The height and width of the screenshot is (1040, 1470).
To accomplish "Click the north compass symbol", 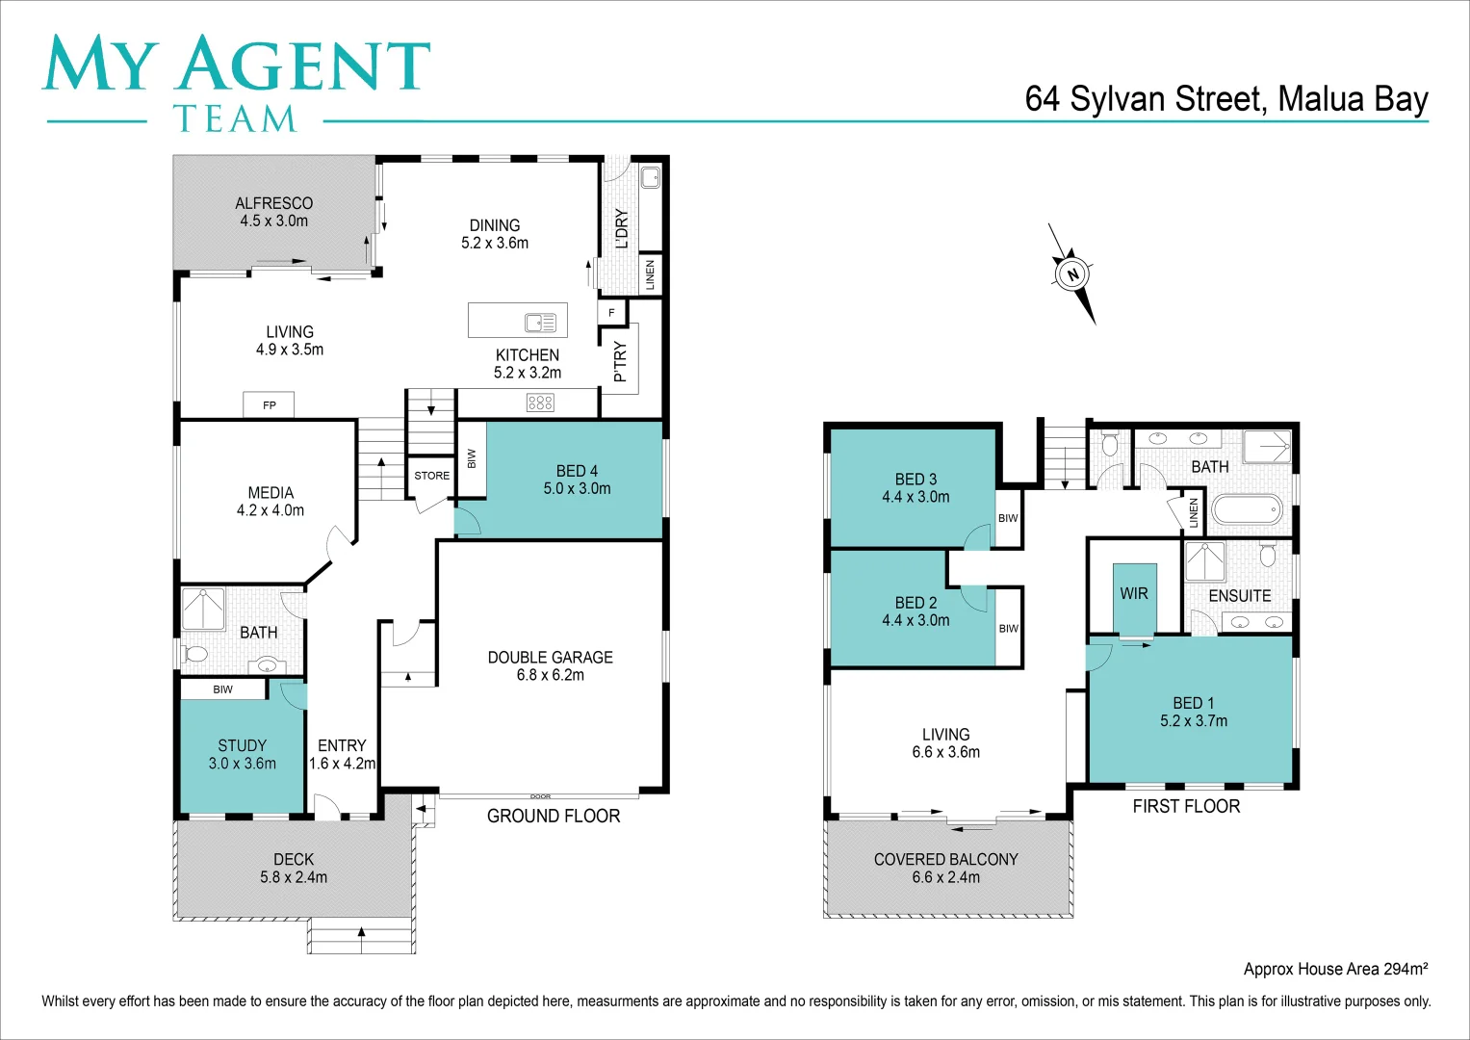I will point(1071,274).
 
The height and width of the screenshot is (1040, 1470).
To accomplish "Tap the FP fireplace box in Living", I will point(269,405).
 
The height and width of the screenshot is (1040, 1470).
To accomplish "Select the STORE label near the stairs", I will point(431,476).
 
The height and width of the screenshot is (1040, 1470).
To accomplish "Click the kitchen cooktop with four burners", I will point(540,403).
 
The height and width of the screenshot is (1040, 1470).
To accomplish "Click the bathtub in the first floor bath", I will point(1246,508).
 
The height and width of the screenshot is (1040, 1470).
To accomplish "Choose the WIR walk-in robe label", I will point(1134,594).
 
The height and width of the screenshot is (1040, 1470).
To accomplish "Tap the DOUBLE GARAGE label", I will point(550,658).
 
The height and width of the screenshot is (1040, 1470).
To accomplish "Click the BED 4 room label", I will point(577,472).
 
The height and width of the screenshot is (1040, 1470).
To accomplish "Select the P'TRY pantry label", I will point(621,361).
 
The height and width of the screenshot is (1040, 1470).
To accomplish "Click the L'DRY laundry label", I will point(622,229).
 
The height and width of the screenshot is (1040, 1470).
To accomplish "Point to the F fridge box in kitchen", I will point(611,313).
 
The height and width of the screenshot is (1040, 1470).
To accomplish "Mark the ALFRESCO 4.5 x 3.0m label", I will point(274,212).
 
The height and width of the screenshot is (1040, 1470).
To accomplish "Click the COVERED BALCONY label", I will point(945,860).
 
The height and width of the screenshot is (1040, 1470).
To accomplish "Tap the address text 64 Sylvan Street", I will point(1225,99).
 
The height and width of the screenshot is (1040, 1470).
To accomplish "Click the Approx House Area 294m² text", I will point(1334,969).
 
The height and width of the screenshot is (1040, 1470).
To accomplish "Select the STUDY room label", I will point(243,746).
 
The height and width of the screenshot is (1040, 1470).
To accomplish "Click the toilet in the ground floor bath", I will point(195,655).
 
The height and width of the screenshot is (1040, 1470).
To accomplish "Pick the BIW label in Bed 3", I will point(1008,518).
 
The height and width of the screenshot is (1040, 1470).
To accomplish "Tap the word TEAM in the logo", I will point(235,119).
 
